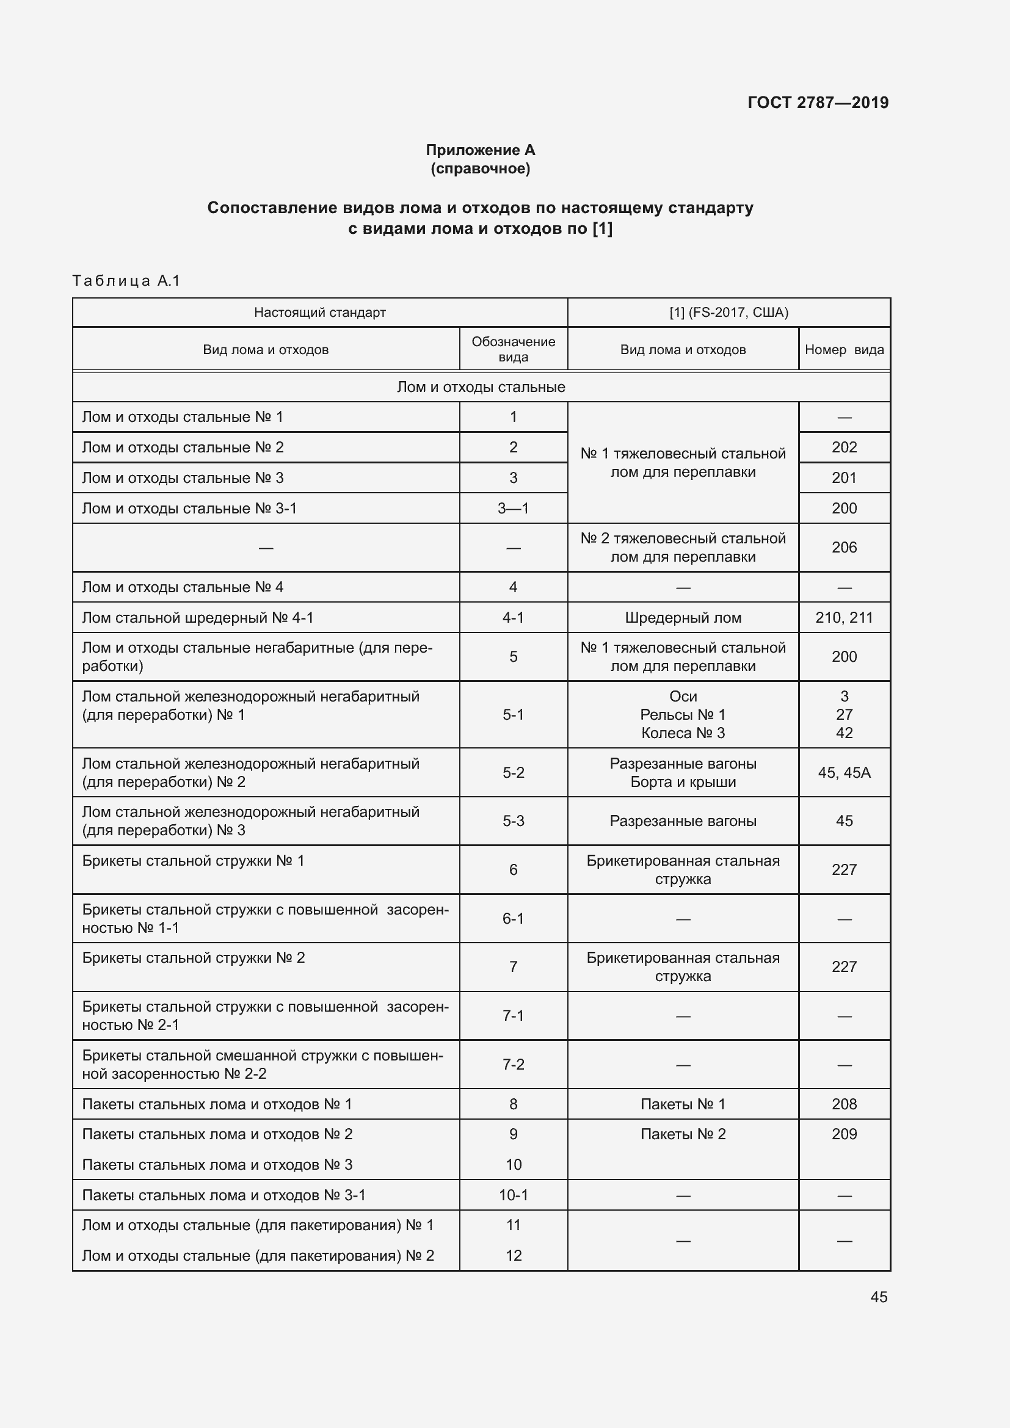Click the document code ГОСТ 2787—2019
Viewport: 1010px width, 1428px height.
pyautogui.click(x=817, y=103)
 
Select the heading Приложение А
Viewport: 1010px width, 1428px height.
pyautogui.click(x=480, y=150)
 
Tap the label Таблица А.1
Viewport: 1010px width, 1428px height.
pyautogui.click(x=126, y=280)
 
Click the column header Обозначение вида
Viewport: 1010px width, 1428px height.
pyautogui.click(x=513, y=349)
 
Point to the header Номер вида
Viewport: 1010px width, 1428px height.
pyautogui.click(x=843, y=350)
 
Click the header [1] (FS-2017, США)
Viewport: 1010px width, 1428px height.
pyautogui.click(x=728, y=312)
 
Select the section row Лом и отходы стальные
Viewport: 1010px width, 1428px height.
pyautogui.click(x=481, y=387)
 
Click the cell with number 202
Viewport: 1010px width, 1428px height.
pyautogui.click(x=844, y=447)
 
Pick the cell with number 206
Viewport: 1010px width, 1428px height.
pyautogui.click(x=844, y=547)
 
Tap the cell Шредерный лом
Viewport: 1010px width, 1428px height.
pyautogui.click(x=683, y=618)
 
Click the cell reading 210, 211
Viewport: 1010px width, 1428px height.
pyautogui.click(x=844, y=618)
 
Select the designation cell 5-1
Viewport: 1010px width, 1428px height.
pyautogui.click(x=513, y=715)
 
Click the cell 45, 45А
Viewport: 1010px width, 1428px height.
pyautogui.click(x=844, y=772)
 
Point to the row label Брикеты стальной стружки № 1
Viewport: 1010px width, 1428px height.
pyautogui.click(x=194, y=861)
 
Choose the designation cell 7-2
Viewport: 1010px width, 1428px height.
pyautogui.click(x=513, y=1064)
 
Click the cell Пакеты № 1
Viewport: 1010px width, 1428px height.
pyautogui.click(x=683, y=1104)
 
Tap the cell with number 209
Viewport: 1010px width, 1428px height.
pyautogui.click(x=844, y=1134)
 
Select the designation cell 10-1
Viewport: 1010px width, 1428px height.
pyautogui.click(x=513, y=1195)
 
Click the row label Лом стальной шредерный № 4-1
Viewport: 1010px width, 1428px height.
pyautogui.click(x=198, y=618)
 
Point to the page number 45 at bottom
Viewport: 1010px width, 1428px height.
pyautogui.click(x=878, y=1297)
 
